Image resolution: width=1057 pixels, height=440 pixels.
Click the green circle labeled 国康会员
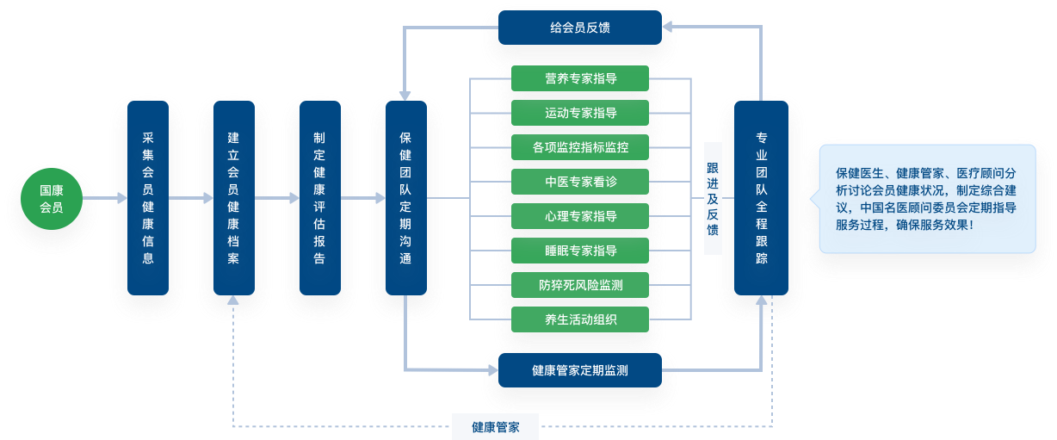pos(52,198)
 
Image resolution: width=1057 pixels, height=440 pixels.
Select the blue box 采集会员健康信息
pos(148,198)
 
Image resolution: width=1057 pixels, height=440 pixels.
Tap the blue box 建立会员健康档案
pos(234,198)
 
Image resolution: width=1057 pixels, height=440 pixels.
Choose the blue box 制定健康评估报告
pos(319,198)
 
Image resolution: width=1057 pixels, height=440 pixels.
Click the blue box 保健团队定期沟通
pos(406,198)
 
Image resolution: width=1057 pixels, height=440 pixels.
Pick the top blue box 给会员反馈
pos(580,28)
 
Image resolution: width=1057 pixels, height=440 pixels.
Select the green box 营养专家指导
pos(580,78)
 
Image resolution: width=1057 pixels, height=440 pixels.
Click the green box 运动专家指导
pos(580,113)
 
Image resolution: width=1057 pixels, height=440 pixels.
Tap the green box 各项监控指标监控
pos(580,147)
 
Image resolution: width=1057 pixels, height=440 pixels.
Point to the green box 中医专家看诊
pos(580,182)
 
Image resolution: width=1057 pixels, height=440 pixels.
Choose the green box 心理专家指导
pos(580,216)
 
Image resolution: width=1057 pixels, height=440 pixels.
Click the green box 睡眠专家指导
pos(580,251)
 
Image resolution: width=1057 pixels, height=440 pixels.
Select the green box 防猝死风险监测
pos(580,285)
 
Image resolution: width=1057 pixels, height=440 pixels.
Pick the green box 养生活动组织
pos(580,319)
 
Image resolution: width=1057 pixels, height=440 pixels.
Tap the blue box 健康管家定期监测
pos(580,370)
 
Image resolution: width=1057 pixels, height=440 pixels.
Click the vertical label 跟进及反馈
pos(712,198)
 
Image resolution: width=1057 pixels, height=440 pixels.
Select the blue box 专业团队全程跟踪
pos(761,198)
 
